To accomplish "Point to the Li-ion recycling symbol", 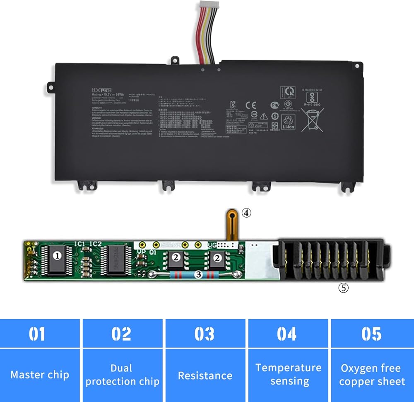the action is tap(288, 122).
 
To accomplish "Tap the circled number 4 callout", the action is tap(246, 213).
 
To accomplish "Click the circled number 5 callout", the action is tap(343, 288).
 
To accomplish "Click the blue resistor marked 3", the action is tap(198, 274).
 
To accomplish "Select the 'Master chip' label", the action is tap(40, 375).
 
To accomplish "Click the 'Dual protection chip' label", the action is tap(122, 375).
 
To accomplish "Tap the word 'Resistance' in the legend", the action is tap(205, 375).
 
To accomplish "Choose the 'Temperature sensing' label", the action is tap(289, 374).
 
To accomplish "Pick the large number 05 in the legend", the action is tap(371, 334).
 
